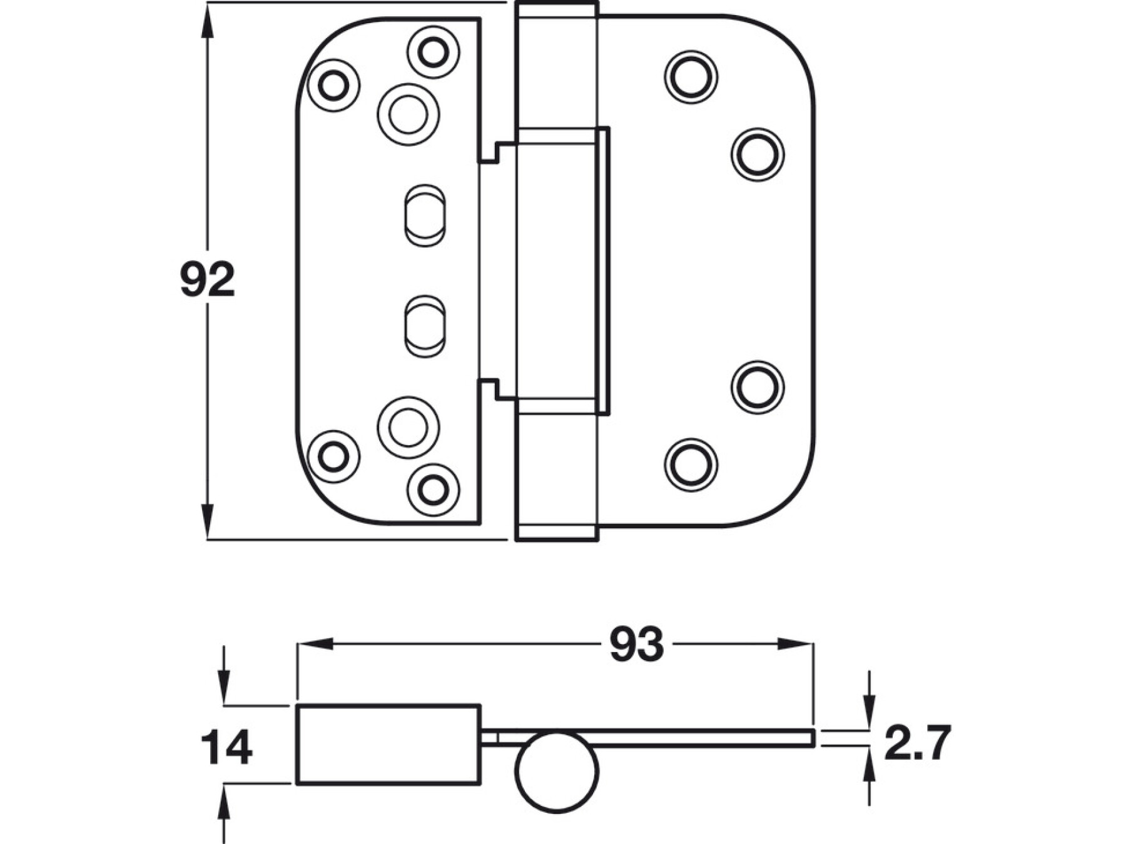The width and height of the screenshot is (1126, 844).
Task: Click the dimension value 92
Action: [x=207, y=279]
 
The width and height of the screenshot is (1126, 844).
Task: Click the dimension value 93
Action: [x=636, y=645]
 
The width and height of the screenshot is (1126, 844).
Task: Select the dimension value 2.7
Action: [x=917, y=742]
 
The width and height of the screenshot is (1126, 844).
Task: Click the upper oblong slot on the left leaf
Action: [x=424, y=214]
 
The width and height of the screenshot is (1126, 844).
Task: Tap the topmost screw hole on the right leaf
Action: [x=691, y=77]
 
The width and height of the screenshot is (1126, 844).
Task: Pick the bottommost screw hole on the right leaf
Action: [x=691, y=465]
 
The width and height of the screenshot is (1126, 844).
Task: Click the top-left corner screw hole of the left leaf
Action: [x=333, y=85]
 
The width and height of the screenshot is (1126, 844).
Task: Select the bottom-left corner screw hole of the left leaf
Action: [x=333, y=456]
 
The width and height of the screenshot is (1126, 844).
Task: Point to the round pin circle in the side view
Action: [x=557, y=771]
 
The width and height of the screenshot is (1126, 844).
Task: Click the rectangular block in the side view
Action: [x=388, y=744]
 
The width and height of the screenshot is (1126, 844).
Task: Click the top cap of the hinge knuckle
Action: [x=556, y=10]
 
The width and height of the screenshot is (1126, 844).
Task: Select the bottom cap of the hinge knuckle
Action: [x=556, y=533]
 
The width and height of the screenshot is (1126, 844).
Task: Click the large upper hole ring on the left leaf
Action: [x=408, y=114]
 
